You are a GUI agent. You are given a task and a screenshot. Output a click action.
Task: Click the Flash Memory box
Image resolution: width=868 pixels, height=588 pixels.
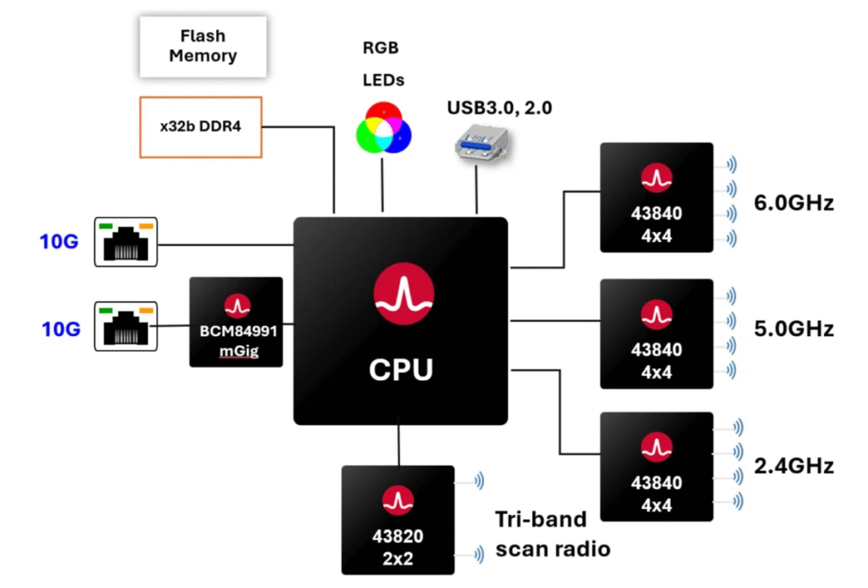click(203, 48)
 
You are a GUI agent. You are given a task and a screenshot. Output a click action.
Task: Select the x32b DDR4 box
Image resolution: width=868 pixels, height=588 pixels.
click(200, 127)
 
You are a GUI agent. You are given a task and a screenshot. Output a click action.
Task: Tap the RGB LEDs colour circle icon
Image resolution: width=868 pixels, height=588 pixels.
click(383, 127)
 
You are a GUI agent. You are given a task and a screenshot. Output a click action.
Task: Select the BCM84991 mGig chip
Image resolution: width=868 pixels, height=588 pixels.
click(236, 322)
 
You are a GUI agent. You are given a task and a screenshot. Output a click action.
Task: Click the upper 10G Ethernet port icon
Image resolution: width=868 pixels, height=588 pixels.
click(125, 242)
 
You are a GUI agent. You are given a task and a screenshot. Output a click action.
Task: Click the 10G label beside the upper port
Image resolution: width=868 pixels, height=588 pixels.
click(59, 243)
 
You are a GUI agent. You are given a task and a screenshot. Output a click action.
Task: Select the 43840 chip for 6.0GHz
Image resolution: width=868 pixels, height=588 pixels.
click(656, 197)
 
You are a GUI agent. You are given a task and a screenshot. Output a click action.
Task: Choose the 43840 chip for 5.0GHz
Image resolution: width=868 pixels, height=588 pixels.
click(656, 333)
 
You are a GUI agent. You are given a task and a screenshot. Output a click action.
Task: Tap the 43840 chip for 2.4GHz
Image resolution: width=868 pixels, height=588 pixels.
click(656, 466)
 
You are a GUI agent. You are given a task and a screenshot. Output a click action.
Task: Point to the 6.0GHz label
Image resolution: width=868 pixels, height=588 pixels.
click(794, 204)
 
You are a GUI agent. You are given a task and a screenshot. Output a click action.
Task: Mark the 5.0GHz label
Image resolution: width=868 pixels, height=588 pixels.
click(794, 329)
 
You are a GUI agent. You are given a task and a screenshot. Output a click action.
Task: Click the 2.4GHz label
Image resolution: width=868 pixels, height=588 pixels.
click(794, 465)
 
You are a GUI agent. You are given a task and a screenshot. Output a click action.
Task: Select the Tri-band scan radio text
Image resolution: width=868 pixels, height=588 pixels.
click(553, 535)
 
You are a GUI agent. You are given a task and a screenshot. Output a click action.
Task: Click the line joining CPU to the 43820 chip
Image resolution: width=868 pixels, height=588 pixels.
click(398, 445)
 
